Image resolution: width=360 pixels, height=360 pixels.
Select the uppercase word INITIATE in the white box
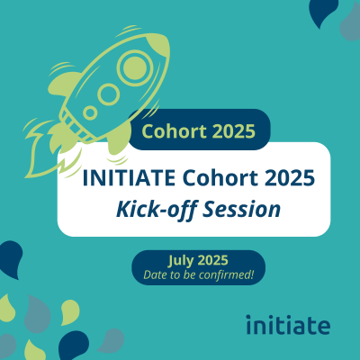(129, 177)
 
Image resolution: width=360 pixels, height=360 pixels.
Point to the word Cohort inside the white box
(220, 177)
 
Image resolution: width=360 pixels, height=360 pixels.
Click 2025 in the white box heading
(290, 177)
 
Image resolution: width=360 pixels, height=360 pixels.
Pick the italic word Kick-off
(157, 209)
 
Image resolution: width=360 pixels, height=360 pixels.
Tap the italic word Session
(242, 209)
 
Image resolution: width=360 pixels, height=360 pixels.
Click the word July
(180, 261)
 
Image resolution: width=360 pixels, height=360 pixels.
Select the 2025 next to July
(212, 260)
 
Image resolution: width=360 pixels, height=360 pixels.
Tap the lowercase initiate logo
(288, 325)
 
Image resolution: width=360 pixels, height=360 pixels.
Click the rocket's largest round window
(135, 67)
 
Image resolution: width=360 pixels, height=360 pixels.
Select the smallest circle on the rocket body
(90, 112)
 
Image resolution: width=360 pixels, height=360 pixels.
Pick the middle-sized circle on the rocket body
(110, 94)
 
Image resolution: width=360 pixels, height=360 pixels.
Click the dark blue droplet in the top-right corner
(323, 12)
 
